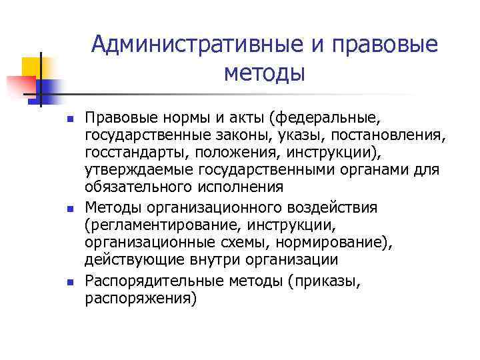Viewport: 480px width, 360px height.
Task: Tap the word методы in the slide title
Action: pos(264,73)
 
